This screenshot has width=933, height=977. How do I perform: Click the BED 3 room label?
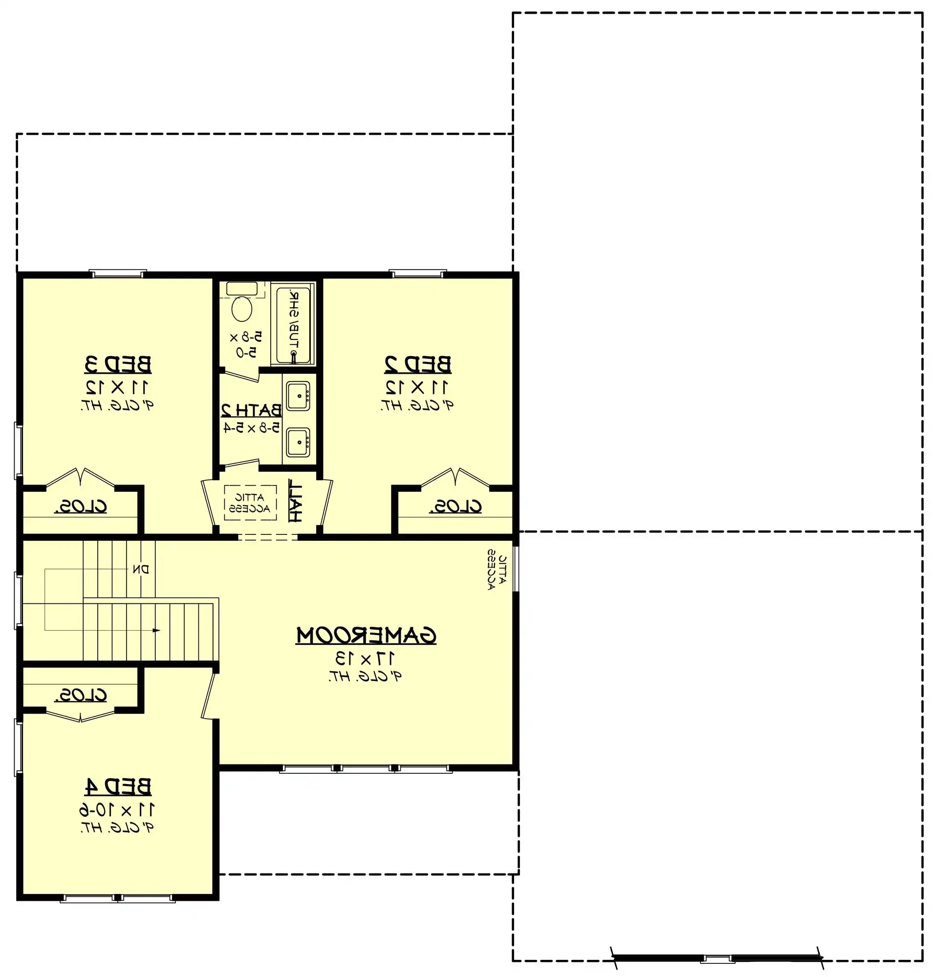tap(118, 364)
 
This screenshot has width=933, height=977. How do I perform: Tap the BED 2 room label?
tap(418, 364)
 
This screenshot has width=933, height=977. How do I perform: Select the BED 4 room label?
tap(118, 786)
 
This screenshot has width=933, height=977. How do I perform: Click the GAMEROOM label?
tap(366, 636)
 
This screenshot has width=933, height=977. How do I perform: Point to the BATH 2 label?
tap(251, 410)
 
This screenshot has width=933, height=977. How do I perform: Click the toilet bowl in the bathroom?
tap(242, 309)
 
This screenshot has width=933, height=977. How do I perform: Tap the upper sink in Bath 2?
tap(298, 396)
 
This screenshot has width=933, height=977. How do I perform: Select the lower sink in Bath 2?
tap(298, 442)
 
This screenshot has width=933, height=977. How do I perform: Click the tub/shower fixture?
tap(293, 323)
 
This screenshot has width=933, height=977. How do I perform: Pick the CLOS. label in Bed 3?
tap(81, 507)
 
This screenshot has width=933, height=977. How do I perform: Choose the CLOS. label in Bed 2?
tap(456, 507)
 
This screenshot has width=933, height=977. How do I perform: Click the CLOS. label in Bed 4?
tap(81, 695)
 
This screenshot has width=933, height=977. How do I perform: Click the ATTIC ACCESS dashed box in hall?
tap(250, 503)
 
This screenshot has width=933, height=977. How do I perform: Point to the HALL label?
tap(295, 501)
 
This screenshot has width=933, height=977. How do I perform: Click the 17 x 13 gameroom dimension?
tap(365, 658)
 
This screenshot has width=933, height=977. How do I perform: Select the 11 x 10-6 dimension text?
tap(117, 810)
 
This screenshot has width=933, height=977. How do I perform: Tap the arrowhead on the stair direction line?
tap(156, 631)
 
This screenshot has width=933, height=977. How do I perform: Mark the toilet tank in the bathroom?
tap(242, 288)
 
